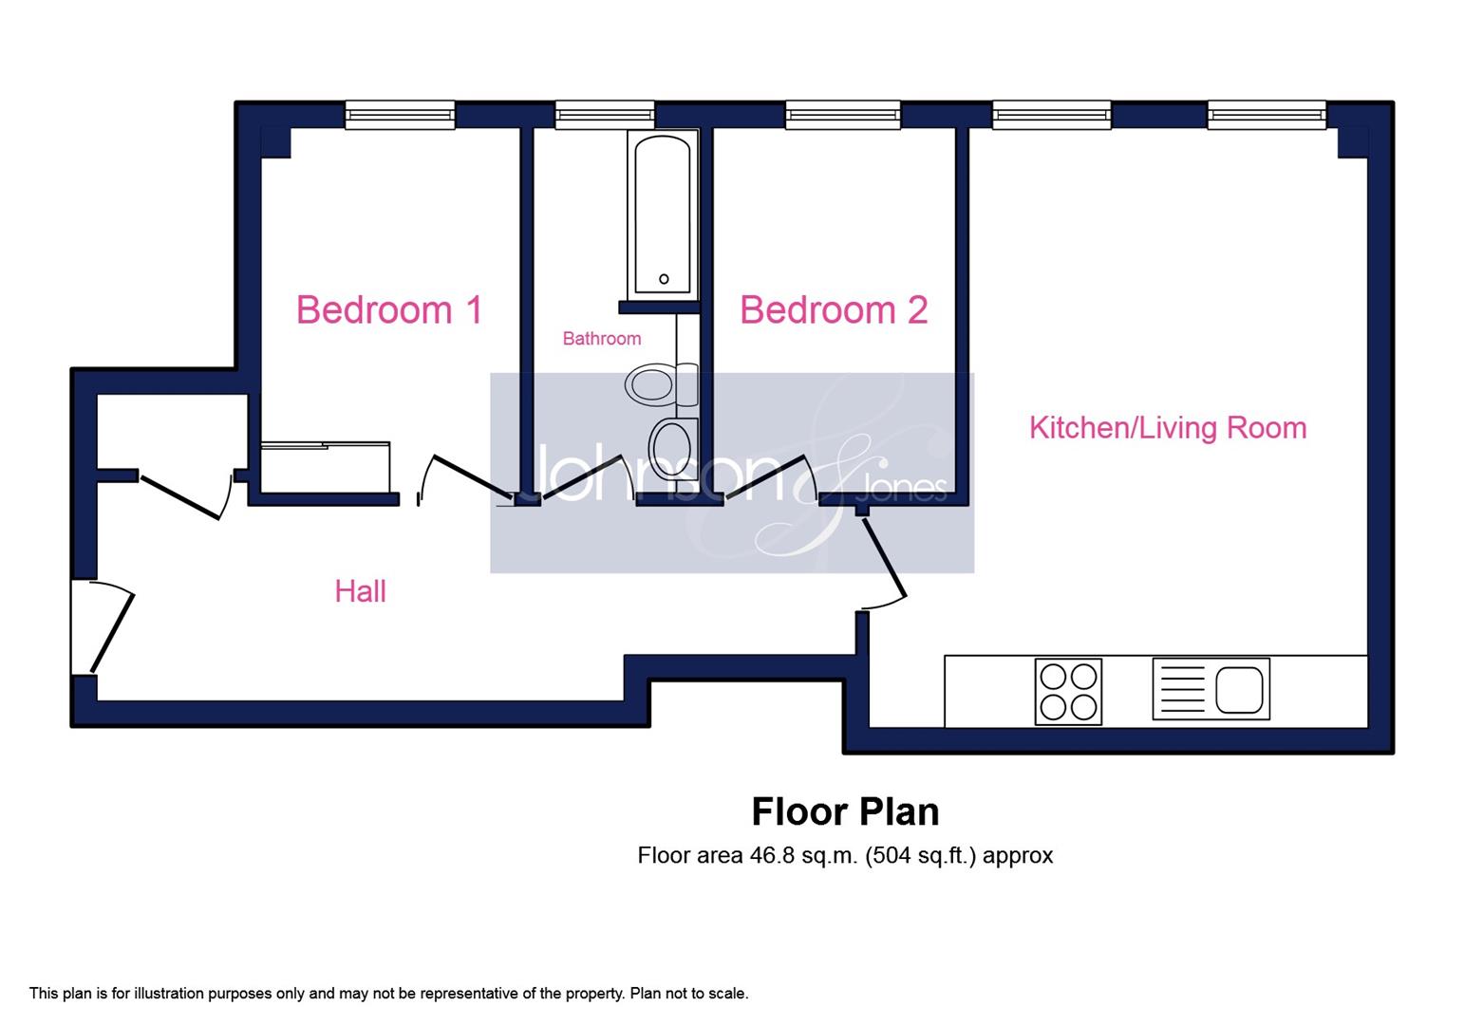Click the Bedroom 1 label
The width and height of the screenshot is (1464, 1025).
389,309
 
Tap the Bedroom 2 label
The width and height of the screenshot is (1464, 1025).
834,309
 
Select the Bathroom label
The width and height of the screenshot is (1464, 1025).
601,339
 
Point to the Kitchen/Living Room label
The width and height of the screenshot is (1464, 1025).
1168,428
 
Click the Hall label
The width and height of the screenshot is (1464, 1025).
360,592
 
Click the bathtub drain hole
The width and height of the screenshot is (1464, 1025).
664,279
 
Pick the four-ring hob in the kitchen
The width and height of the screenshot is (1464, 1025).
1068,692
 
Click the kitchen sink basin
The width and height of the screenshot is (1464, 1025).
1239,690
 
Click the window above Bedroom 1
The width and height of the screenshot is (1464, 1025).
400,115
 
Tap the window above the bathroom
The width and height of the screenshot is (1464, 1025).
605,115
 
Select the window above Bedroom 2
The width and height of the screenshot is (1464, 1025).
842,115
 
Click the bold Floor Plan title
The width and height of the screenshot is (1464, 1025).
845,812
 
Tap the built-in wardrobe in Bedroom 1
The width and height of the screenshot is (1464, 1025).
326,467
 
